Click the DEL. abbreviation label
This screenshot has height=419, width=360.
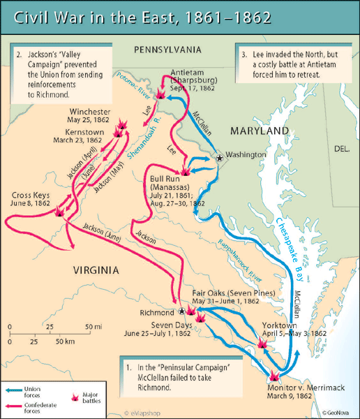pyautogui.click(x=342, y=149)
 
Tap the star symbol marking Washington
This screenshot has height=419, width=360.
pyautogui.click(x=220, y=159)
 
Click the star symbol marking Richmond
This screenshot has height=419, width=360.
pyautogui.click(x=182, y=311)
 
